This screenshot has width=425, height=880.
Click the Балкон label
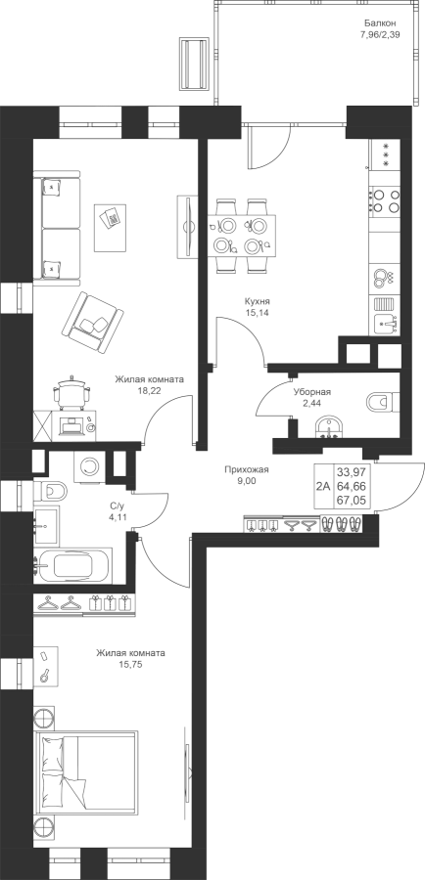tap(380, 23)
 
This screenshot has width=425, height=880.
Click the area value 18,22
tap(149, 390)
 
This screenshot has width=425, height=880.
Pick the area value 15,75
tap(131, 665)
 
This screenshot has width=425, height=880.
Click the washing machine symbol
tap(89, 465)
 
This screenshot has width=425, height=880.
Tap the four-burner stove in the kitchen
tap(385, 200)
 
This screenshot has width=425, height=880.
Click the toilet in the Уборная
tap(382, 402)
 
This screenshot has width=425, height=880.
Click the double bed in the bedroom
tap(85, 776)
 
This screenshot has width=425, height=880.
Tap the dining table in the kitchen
tap(242, 235)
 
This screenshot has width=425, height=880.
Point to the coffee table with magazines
tap(112, 219)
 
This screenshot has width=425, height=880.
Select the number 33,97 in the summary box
tap(352, 471)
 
